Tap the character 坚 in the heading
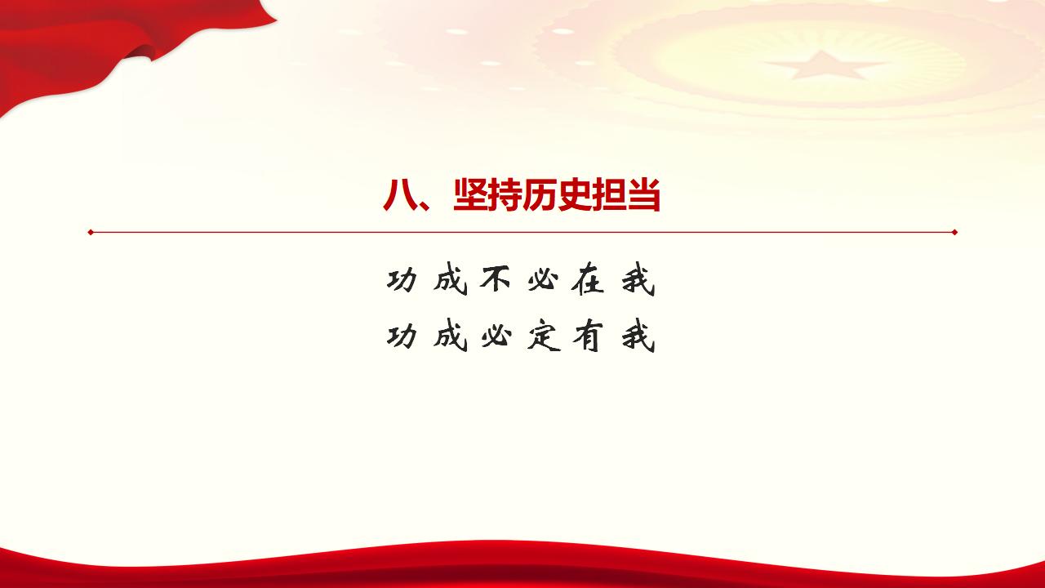tap(470, 197)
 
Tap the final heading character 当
tap(643, 197)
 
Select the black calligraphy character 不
tap(496, 281)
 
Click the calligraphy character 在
tap(589, 281)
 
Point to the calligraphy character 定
tap(543, 336)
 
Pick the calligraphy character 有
tap(589, 336)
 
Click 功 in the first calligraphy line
tap(402, 281)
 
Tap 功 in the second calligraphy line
tap(402, 336)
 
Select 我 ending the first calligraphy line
tap(638, 281)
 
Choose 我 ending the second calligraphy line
tap(638, 336)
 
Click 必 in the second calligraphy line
tap(496, 336)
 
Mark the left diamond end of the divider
tap(91, 232)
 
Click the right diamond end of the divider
tap(954, 232)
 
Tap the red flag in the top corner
tap(98, 41)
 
